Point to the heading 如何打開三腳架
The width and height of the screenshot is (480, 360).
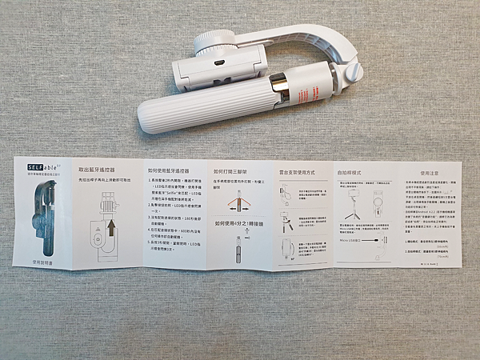pyautogui.click(x=234, y=170)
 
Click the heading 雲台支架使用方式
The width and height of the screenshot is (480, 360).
pyautogui.click(x=298, y=171)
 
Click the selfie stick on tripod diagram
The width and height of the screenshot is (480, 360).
pyautogui.click(x=354, y=207)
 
